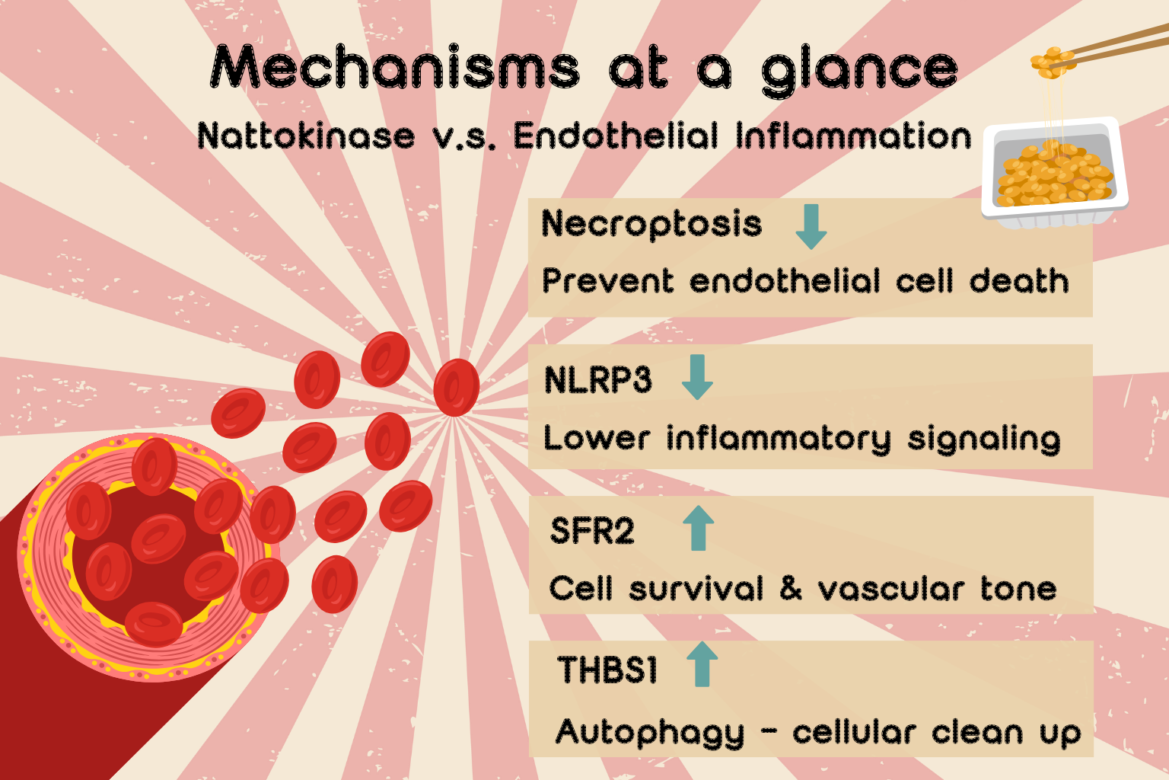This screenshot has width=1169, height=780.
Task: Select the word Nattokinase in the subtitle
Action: click(x=306, y=136)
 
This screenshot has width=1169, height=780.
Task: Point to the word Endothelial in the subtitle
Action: click(x=616, y=136)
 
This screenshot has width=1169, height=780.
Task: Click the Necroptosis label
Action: click(x=651, y=224)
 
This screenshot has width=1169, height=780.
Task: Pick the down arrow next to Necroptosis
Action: click(x=811, y=226)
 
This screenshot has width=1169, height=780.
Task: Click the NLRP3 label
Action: click(x=598, y=379)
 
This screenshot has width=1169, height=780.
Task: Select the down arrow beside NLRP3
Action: click(x=697, y=377)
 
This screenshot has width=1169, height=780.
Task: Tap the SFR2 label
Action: click(x=592, y=531)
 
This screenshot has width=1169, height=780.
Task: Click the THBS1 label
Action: click(x=607, y=670)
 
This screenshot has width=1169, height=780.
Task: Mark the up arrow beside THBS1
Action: click(x=702, y=663)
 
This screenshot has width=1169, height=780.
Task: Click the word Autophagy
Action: click(x=651, y=733)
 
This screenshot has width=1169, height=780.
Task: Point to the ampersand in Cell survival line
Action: click(x=791, y=588)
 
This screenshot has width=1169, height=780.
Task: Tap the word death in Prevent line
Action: click(x=1019, y=281)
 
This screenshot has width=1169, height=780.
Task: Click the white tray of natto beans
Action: click(x=1055, y=174)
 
